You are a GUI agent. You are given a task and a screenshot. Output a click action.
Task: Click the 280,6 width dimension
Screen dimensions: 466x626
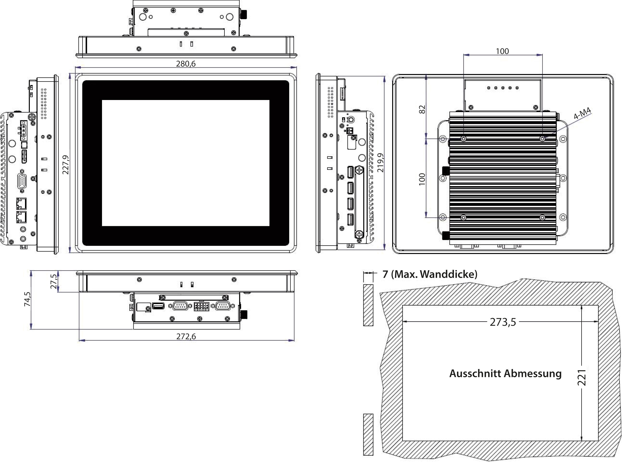coord(185,64)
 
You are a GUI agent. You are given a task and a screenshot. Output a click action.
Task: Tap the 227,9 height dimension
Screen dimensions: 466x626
coord(65,165)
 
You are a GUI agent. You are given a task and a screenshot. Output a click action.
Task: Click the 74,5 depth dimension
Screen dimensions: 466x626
coord(27,299)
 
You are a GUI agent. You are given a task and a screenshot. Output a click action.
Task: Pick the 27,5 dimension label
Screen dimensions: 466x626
coord(54,281)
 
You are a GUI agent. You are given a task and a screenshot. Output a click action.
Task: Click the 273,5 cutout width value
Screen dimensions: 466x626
coord(503,322)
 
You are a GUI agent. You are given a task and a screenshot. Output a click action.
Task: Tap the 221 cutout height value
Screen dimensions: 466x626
coord(582,377)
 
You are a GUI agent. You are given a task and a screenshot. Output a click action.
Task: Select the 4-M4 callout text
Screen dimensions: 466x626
coord(582,113)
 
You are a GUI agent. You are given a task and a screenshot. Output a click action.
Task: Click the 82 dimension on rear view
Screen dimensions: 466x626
coord(422,109)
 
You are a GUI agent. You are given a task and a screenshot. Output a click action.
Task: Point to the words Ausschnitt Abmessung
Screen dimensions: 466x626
coord(505,374)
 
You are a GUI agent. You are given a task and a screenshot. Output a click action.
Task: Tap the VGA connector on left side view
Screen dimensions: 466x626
coord(21,182)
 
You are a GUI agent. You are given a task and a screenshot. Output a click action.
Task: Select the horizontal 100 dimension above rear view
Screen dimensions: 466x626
coord(502,51)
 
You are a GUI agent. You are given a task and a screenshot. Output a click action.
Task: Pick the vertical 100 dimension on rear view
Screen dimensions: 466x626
coord(422,179)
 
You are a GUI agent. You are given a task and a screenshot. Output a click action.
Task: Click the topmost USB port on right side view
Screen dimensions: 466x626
coord(350,172)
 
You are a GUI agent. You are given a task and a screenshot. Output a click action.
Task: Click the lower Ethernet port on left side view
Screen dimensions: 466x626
coord(21,217)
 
